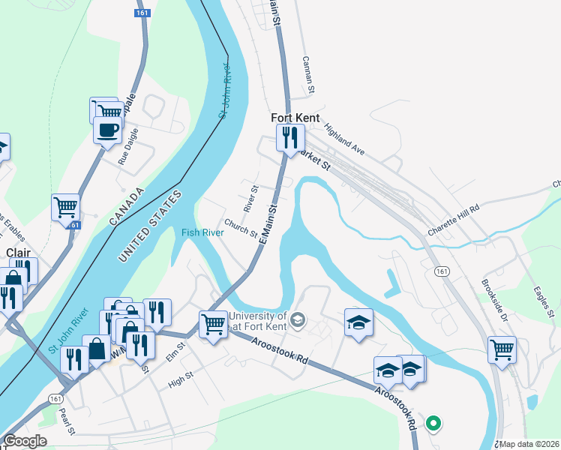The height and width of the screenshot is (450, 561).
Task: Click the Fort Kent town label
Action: pos(295,118)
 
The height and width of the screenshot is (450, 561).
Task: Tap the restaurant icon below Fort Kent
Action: pos(288,138)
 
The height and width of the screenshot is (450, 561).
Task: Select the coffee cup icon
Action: pos(107,130)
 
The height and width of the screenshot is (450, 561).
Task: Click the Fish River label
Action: pos(202,232)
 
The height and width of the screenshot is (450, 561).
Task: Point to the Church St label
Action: pos(241,227)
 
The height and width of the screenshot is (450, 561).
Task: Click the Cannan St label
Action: pos(307,76)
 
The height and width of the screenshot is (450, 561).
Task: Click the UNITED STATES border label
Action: pos(150,226)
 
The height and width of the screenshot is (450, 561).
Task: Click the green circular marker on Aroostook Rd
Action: pos(433,424)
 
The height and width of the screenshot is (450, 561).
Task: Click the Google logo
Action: pos(25,442)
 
